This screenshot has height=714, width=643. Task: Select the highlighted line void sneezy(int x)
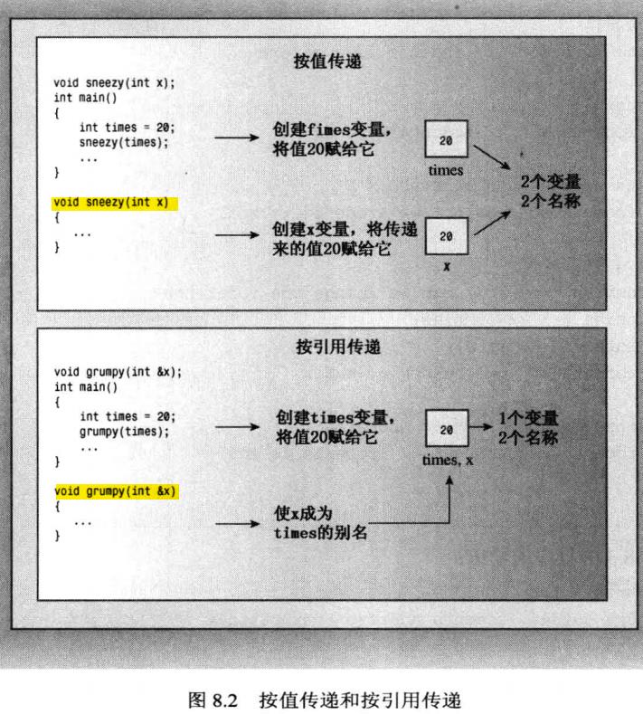pyautogui.click(x=111, y=202)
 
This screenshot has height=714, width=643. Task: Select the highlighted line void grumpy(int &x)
pyautogui.click(x=115, y=491)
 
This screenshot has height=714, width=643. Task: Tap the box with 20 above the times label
pyautogui.click(x=446, y=141)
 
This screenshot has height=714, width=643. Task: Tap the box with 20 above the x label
pyautogui.click(x=446, y=235)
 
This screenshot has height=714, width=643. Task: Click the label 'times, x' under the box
pyautogui.click(x=447, y=461)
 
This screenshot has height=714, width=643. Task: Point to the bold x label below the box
pyautogui.click(x=447, y=267)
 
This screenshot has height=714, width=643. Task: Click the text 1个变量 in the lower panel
pyautogui.click(x=528, y=420)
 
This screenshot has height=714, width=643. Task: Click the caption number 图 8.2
pyautogui.click(x=211, y=699)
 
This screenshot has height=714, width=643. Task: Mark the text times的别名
pyautogui.click(x=320, y=533)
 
